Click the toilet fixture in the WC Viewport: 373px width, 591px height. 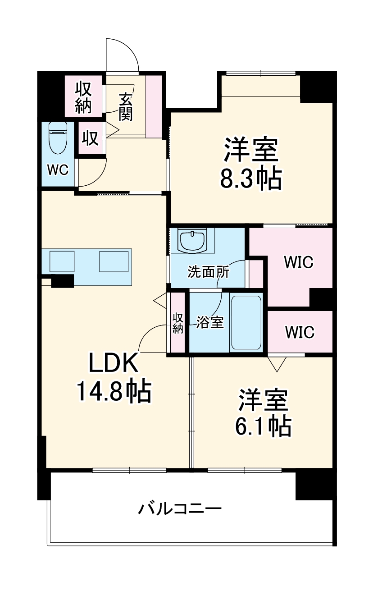point(58,137)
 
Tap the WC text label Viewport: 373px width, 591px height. point(58,170)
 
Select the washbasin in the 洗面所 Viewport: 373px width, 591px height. point(192,241)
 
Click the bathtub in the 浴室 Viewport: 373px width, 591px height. point(246,323)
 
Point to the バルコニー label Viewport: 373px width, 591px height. point(180,509)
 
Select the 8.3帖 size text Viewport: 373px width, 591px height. point(250,178)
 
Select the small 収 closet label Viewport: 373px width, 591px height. point(90,138)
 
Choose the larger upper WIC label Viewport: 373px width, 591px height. point(298,262)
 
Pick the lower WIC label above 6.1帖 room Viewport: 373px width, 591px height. point(300,332)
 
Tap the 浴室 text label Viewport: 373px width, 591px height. point(210,322)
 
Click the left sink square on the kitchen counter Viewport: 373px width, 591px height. point(62,261)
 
